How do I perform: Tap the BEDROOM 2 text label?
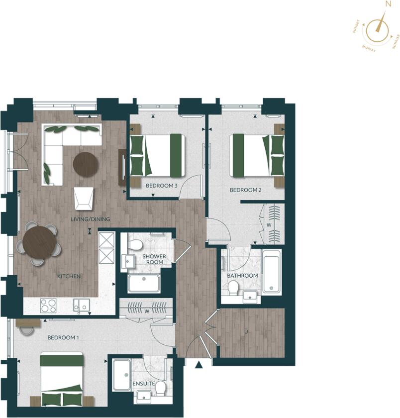coord(245,190)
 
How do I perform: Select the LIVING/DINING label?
coord(90,219)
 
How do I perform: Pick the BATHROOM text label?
coord(242,276)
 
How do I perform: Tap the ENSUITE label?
coord(143,384)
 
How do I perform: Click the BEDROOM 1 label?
coord(63,337)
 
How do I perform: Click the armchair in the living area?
coord(84,198)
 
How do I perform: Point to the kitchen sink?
coord(82,305)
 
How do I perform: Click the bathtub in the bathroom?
coord(272,272)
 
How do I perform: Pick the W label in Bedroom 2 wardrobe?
coord(269,224)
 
